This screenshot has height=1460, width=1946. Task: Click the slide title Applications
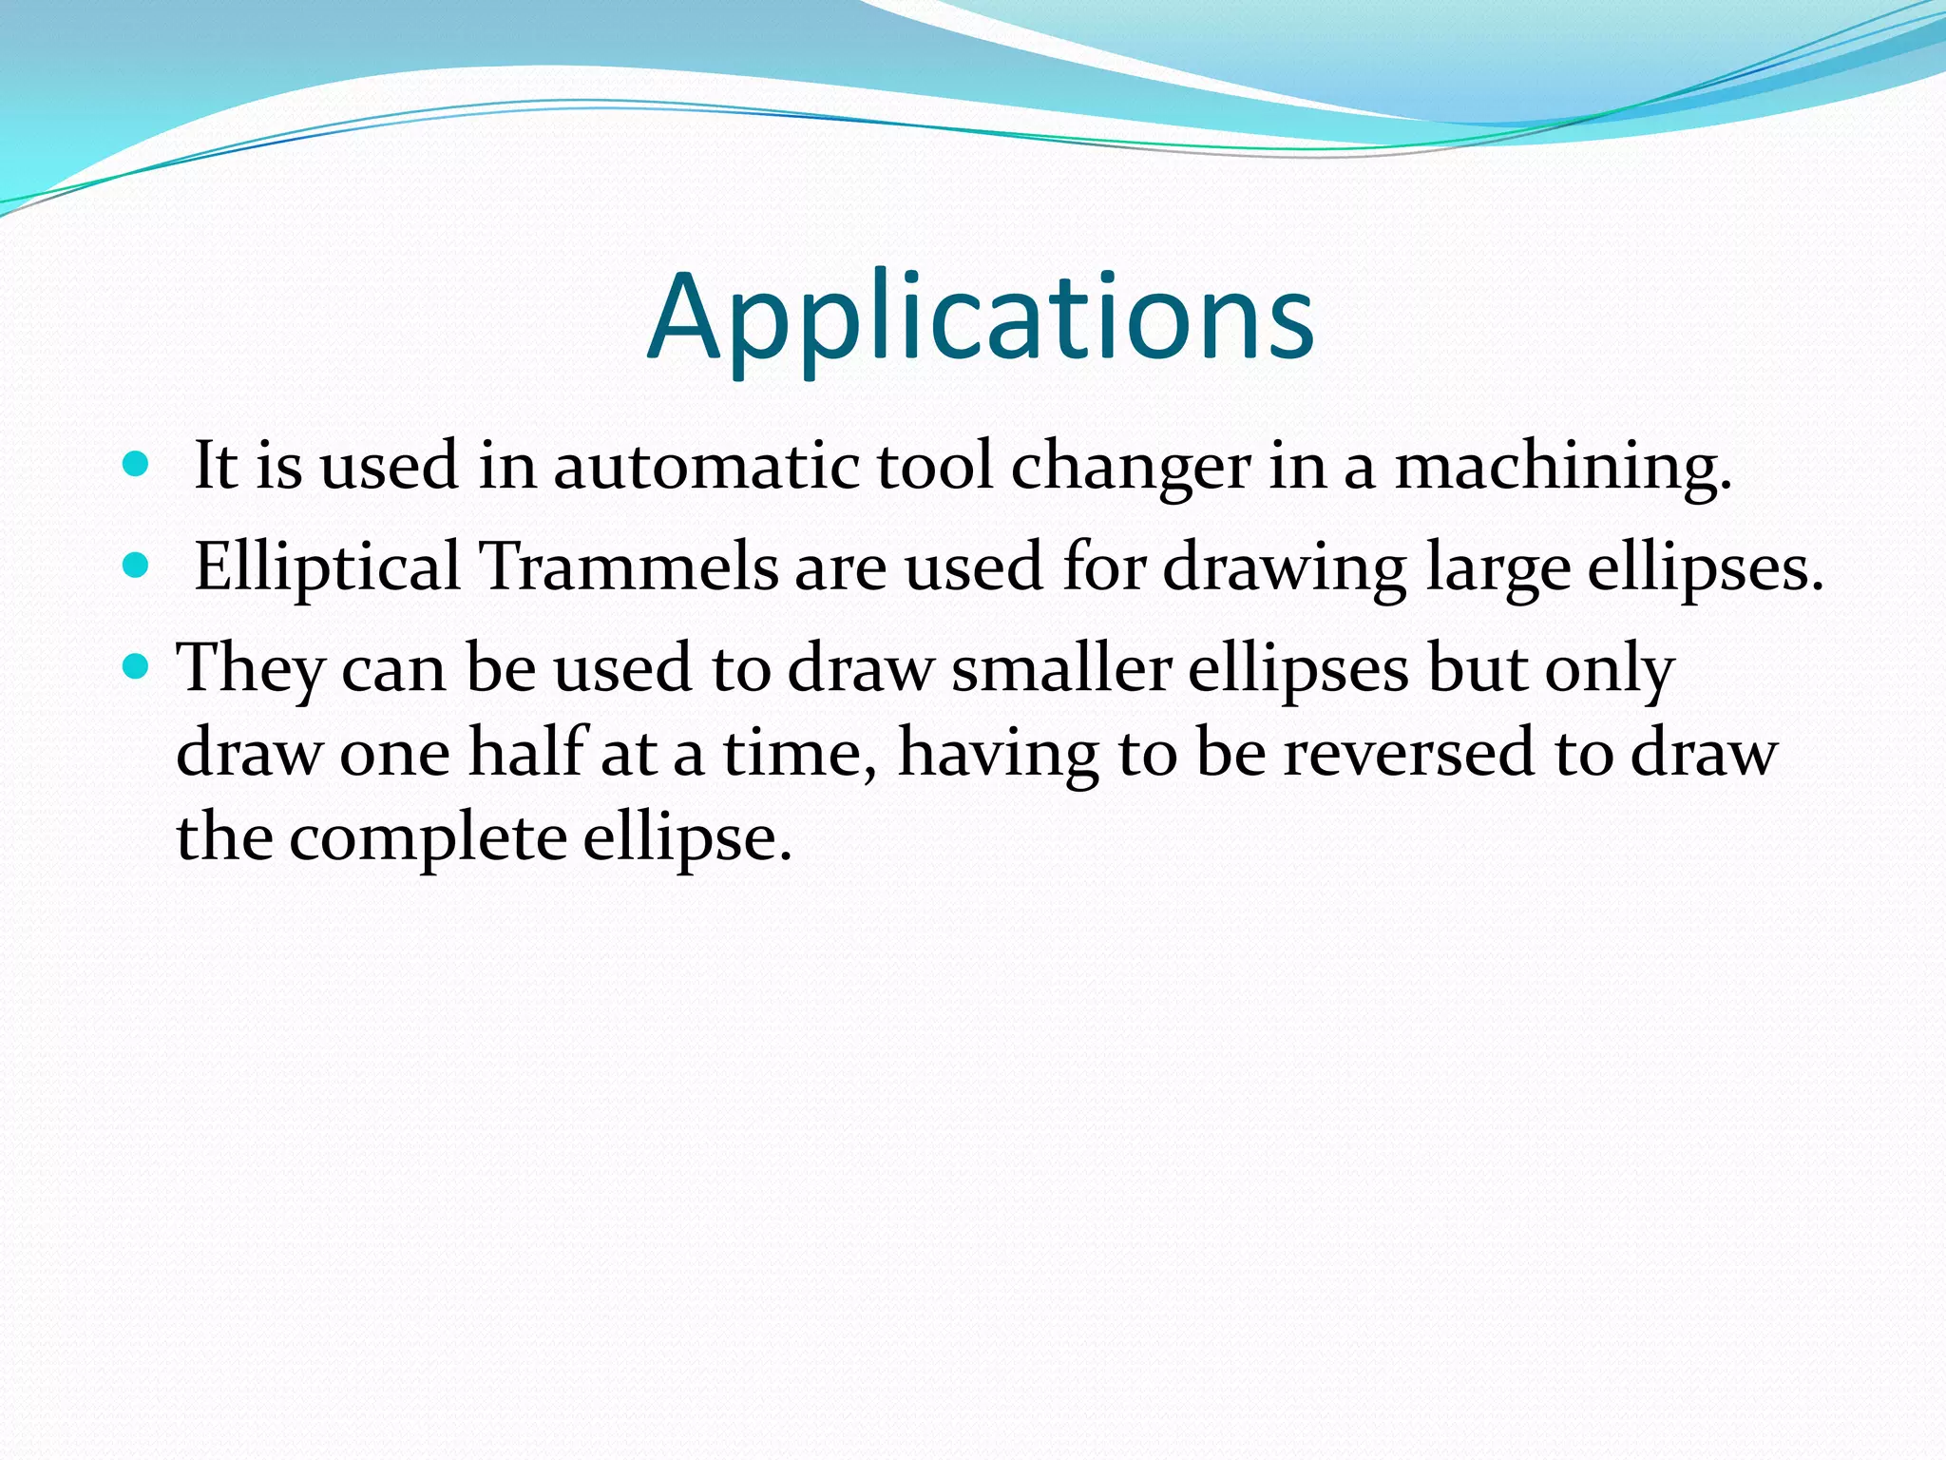pyautogui.click(x=981, y=318)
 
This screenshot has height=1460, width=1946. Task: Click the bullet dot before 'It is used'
pyautogui.click(x=137, y=465)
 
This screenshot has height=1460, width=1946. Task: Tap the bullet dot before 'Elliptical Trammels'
pyautogui.click(x=137, y=567)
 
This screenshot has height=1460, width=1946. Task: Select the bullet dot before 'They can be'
pyautogui.click(x=137, y=667)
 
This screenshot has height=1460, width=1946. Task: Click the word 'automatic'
pyautogui.click(x=705, y=468)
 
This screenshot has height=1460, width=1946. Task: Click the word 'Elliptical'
pyautogui.click(x=327, y=568)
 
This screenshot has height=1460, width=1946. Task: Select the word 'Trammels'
pyautogui.click(x=628, y=568)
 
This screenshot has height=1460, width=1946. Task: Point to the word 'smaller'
pyautogui.click(x=1060, y=669)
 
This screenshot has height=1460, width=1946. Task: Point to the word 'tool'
pyautogui.click(x=933, y=468)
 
